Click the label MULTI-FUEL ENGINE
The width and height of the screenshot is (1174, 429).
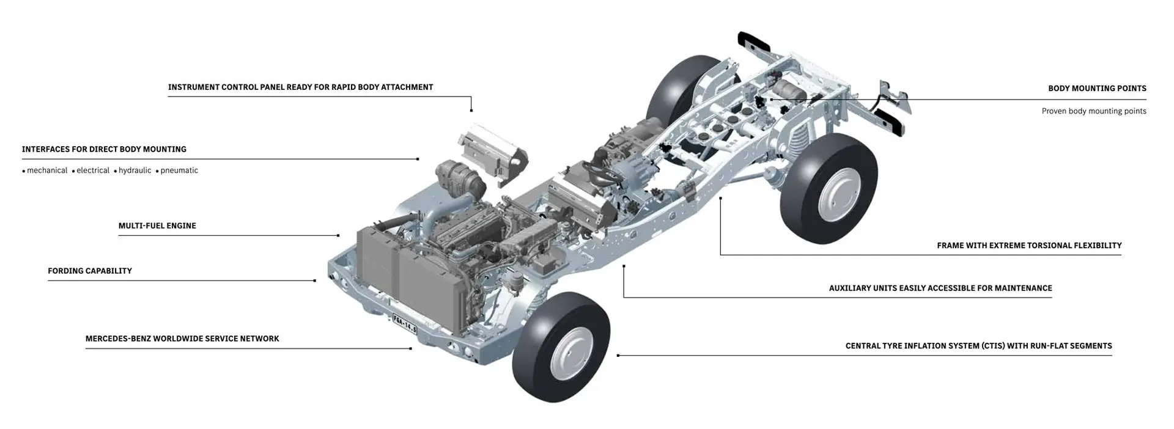point(157,226)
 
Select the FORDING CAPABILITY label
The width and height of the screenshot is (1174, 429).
point(90,271)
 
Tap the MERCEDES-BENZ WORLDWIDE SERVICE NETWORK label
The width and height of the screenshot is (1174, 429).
point(182,339)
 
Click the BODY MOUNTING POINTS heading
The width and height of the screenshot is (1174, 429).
point(1097,89)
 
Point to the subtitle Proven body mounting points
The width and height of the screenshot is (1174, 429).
point(1094,111)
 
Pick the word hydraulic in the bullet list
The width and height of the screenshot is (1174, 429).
point(135,170)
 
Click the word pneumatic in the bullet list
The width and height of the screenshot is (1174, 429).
point(179,170)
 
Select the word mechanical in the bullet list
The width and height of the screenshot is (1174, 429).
point(47,170)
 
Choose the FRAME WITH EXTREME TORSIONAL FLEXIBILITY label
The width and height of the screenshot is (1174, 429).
point(1029,246)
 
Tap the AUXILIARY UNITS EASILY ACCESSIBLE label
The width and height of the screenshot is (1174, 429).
point(940,288)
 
